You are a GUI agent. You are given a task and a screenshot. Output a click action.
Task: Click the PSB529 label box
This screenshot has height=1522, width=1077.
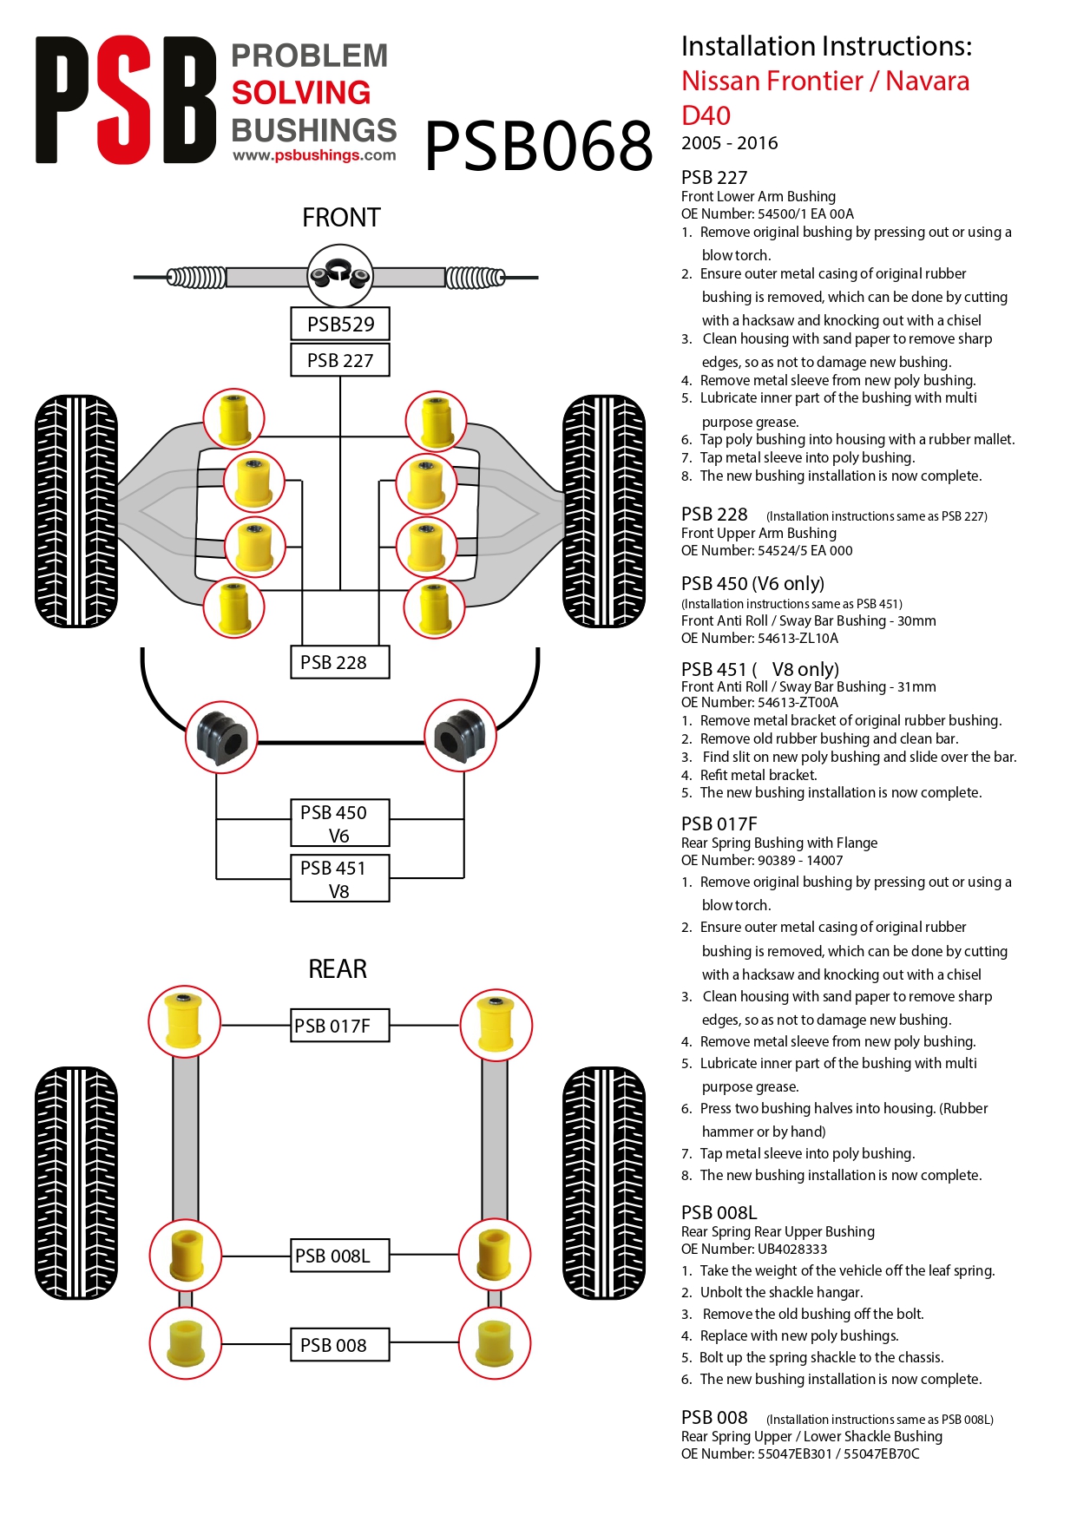pyautogui.click(x=340, y=324)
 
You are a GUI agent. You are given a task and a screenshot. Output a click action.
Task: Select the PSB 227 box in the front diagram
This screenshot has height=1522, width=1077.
pyautogui.click(x=340, y=360)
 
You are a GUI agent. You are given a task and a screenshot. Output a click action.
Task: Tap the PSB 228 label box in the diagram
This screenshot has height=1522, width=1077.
pyautogui.click(x=340, y=662)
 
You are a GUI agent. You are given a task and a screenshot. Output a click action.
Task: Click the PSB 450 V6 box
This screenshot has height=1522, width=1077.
pyautogui.click(x=340, y=823)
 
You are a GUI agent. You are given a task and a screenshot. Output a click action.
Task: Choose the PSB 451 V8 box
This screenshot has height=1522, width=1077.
pyautogui.click(x=340, y=878)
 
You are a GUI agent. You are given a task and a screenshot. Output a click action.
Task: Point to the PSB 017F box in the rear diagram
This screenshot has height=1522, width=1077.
pyautogui.click(x=340, y=1026)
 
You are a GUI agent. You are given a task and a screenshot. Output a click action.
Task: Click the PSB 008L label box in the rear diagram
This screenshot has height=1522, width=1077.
pyautogui.click(x=340, y=1256)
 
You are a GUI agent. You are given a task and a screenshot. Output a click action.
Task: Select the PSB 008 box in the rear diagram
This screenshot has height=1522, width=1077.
pyautogui.click(x=340, y=1344)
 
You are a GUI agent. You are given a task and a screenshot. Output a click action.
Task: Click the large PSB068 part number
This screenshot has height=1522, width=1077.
pyautogui.click(x=539, y=145)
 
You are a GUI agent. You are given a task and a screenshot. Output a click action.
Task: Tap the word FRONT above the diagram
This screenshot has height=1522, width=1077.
pyautogui.click(x=341, y=217)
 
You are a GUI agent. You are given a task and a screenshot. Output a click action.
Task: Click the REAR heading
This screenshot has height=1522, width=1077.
pyautogui.click(x=338, y=968)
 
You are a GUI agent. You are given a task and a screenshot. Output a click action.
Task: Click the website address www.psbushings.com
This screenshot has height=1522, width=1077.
pyautogui.click(x=314, y=155)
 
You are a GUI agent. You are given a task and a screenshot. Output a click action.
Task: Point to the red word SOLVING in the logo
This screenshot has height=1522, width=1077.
pyautogui.click(x=301, y=93)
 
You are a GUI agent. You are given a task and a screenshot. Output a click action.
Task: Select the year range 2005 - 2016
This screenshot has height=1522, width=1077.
pyautogui.click(x=729, y=143)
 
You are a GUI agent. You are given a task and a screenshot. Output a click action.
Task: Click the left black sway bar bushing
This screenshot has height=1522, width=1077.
pyautogui.click(x=222, y=737)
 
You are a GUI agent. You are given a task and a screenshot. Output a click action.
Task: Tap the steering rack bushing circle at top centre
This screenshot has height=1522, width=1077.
pyautogui.click(x=340, y=276)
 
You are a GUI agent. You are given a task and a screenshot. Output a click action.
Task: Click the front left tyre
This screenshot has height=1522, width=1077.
pyautogui.click(x=76, y=511)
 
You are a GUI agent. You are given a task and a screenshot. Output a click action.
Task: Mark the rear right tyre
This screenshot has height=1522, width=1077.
pyautogui.click(x=604, y=1183)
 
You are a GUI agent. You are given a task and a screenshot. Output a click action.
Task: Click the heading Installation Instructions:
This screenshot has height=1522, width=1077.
pyautogui.click(x=826, y=46)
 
